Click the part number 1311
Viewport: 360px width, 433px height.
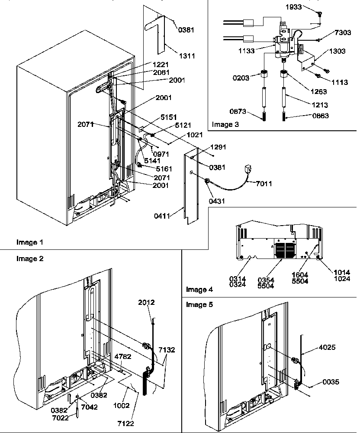(187, 56)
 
